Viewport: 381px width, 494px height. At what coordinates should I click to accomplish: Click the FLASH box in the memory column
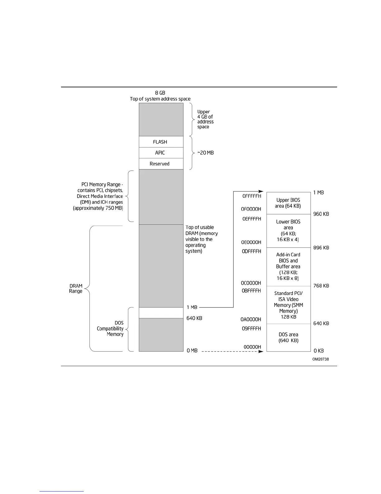click(x=161, y=142)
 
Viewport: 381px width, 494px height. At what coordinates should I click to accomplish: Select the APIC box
click(x=161, y=153)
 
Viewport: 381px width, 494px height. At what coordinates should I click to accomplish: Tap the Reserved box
click(x=161, y=164)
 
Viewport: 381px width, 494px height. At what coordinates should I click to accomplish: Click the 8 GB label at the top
click(x=160, y=93)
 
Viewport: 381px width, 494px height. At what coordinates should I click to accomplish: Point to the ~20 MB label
click(x=205, y=153)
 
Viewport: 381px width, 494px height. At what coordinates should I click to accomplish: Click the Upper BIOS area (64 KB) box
click(x=289, y=203)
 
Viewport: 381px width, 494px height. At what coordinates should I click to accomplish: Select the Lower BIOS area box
click(x=289, y=231)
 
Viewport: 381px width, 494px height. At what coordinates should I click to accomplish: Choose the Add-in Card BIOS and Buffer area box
click(x=289, y=267)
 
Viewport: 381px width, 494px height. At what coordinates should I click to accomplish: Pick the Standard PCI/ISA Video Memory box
click(x=289, y=305)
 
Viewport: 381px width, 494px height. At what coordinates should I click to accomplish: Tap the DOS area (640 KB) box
click(x=289, y=337)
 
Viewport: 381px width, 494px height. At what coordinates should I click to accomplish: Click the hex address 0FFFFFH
click(x=252, y=196)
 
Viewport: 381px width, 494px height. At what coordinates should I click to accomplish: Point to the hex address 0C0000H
click(x=251, y=283)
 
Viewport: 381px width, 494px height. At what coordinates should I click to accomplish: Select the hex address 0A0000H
click(x=251, y=319)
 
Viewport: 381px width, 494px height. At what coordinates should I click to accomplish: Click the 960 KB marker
click(x=321, y=214)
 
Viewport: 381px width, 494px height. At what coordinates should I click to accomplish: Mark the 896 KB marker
click(x=321, y=248)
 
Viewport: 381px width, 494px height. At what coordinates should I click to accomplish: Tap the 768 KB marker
click(x=321, y=286)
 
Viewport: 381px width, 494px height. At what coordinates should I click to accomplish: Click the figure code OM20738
click(x=321, y=359)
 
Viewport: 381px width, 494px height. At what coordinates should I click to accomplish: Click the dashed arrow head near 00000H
click(x=261, y=351)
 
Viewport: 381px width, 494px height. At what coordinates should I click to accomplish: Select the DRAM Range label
click(x=76, y=288)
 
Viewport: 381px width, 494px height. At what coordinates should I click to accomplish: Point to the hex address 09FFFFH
click(x=252, y=328)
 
